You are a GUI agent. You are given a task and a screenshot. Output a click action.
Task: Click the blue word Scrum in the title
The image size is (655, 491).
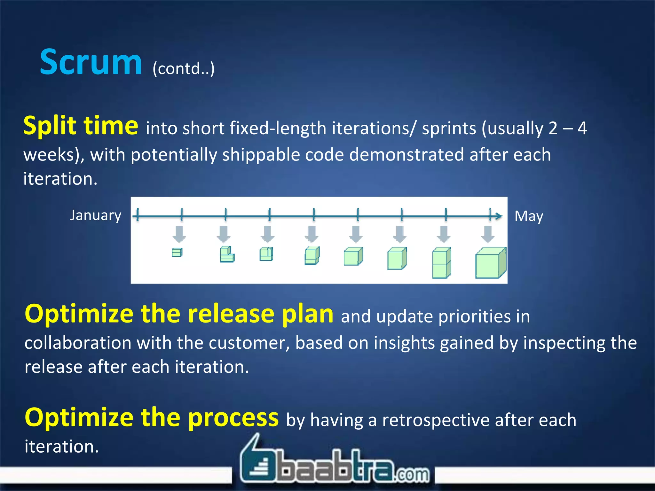[x=91, y=62]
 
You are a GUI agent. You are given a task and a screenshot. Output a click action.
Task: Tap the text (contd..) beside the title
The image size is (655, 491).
[x=184, y=68]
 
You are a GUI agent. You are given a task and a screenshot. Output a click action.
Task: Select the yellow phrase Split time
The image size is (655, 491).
[x=81, y=126]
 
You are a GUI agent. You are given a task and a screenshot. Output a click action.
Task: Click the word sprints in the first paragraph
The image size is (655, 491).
[x=449, y=128]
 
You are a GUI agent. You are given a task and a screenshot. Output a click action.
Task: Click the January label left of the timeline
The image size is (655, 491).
[x=96, y=215]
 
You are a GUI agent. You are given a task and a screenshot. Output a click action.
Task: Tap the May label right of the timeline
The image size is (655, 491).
[x=529, y=216]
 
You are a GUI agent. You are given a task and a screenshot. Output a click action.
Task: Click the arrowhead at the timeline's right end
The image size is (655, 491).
[x=498, y=216]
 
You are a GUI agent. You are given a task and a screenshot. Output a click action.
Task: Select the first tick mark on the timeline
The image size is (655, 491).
[x=138, y=214]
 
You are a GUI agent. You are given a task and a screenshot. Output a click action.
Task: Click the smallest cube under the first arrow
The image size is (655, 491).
[x=177, y=252]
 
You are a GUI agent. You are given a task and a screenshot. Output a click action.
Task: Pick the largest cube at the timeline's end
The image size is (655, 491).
[x=491, y=263]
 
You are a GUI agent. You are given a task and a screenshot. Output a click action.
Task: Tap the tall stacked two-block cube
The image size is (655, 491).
[x=441, y=262]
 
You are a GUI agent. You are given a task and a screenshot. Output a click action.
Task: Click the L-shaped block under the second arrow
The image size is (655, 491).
[x=227, y=254]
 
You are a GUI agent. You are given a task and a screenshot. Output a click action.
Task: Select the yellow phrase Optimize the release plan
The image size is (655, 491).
[x=179, y=314]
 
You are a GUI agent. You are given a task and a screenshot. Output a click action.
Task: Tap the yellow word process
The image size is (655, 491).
[x=233, y=417]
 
